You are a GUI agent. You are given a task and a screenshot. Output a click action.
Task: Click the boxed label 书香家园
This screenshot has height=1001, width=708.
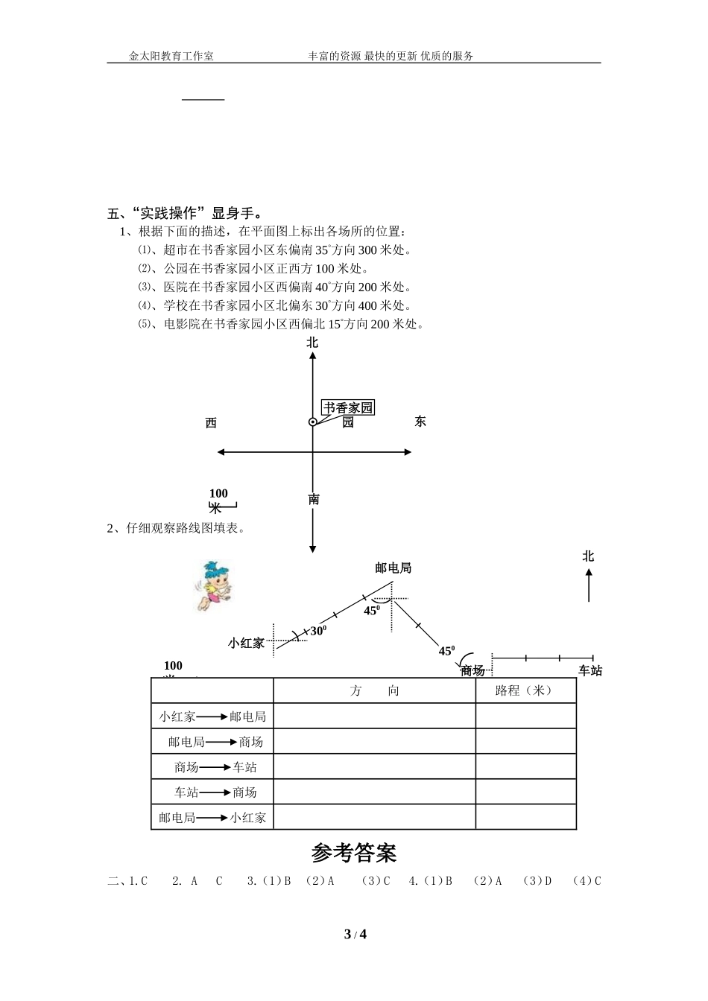coord(347,407)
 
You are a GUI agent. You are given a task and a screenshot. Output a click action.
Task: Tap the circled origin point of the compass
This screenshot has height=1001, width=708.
coord(313,422)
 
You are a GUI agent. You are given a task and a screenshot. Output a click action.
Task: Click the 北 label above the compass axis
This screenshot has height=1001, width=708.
coord(312,343)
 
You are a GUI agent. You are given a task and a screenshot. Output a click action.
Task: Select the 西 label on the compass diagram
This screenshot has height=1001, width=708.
coord(211,423)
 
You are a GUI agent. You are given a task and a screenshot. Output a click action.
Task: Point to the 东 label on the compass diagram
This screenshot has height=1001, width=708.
coord(420,422)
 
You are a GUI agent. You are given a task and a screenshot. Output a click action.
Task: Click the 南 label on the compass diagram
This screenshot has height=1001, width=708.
coord(314,499)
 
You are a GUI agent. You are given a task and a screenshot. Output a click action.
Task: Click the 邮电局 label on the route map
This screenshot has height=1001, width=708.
coord(393,568)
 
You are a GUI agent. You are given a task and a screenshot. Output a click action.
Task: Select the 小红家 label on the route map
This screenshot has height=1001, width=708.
coord(247,643)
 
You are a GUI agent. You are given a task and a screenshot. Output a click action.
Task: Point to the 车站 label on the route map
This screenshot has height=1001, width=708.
coord(590,670)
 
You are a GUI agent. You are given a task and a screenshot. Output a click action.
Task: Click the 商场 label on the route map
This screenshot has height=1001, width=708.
coord(472,670)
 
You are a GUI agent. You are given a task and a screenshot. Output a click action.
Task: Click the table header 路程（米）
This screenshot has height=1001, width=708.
coord(525,690)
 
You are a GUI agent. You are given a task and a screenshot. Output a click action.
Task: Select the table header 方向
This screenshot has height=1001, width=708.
coord(374,690)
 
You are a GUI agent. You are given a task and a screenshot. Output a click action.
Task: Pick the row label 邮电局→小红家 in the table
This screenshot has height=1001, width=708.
coord(212,817)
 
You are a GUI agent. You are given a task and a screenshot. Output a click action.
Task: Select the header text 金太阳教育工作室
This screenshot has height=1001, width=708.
coord(171,56)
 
